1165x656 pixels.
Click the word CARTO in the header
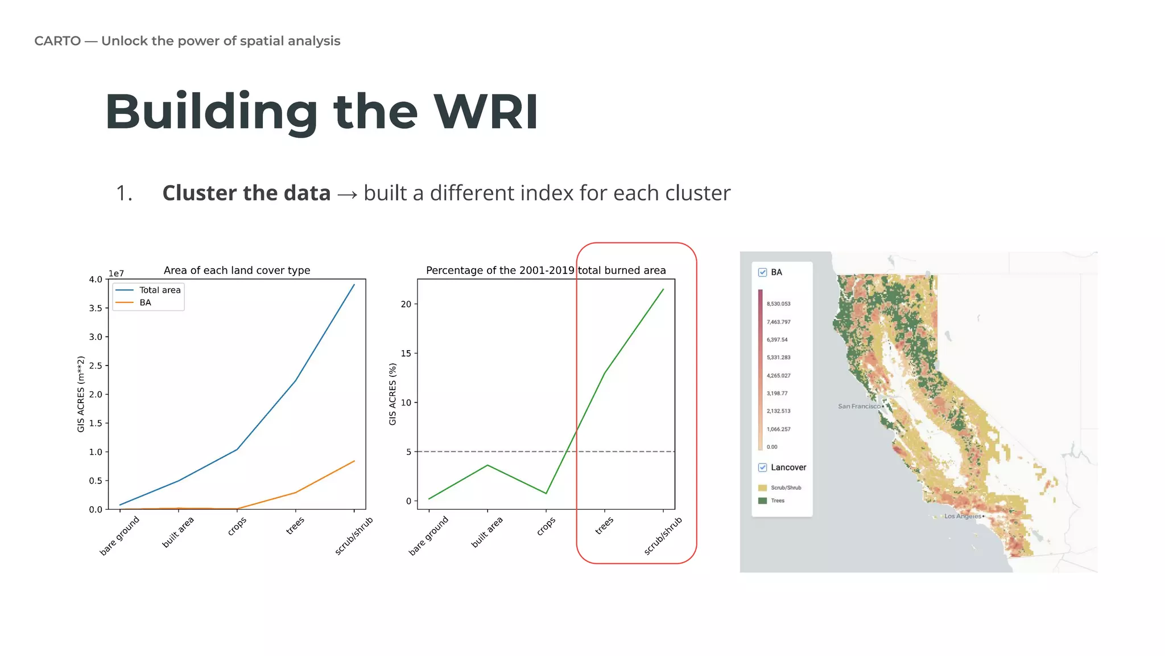(x=57, y=41)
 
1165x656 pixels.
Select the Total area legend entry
(x=159, y=290)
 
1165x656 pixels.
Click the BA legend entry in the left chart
(x=145, y=302)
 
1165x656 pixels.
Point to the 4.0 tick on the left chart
(x=95, y=280)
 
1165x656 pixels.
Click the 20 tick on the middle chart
(x=406, y=304)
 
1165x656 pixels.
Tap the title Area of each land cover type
(x=237, y=270)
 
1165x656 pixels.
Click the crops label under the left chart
(x=237, y=526)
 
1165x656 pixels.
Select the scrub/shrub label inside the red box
(x=663, y=535)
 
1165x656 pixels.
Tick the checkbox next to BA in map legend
(x=762, y=272)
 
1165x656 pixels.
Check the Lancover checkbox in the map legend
(x=762, y=468)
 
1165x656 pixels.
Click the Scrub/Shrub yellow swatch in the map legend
(x=762, y=488)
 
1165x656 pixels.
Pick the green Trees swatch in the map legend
(x=762, y=501)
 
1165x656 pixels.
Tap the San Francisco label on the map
(x=859, y=406)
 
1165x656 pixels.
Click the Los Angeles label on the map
(x=962, y=516)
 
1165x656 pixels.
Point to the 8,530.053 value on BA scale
(x=778, y=304)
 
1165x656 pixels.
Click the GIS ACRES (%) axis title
(x=393, y=394)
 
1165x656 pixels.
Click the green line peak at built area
(x=488, y=465)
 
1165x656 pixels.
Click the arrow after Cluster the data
(x=347, y=195)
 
